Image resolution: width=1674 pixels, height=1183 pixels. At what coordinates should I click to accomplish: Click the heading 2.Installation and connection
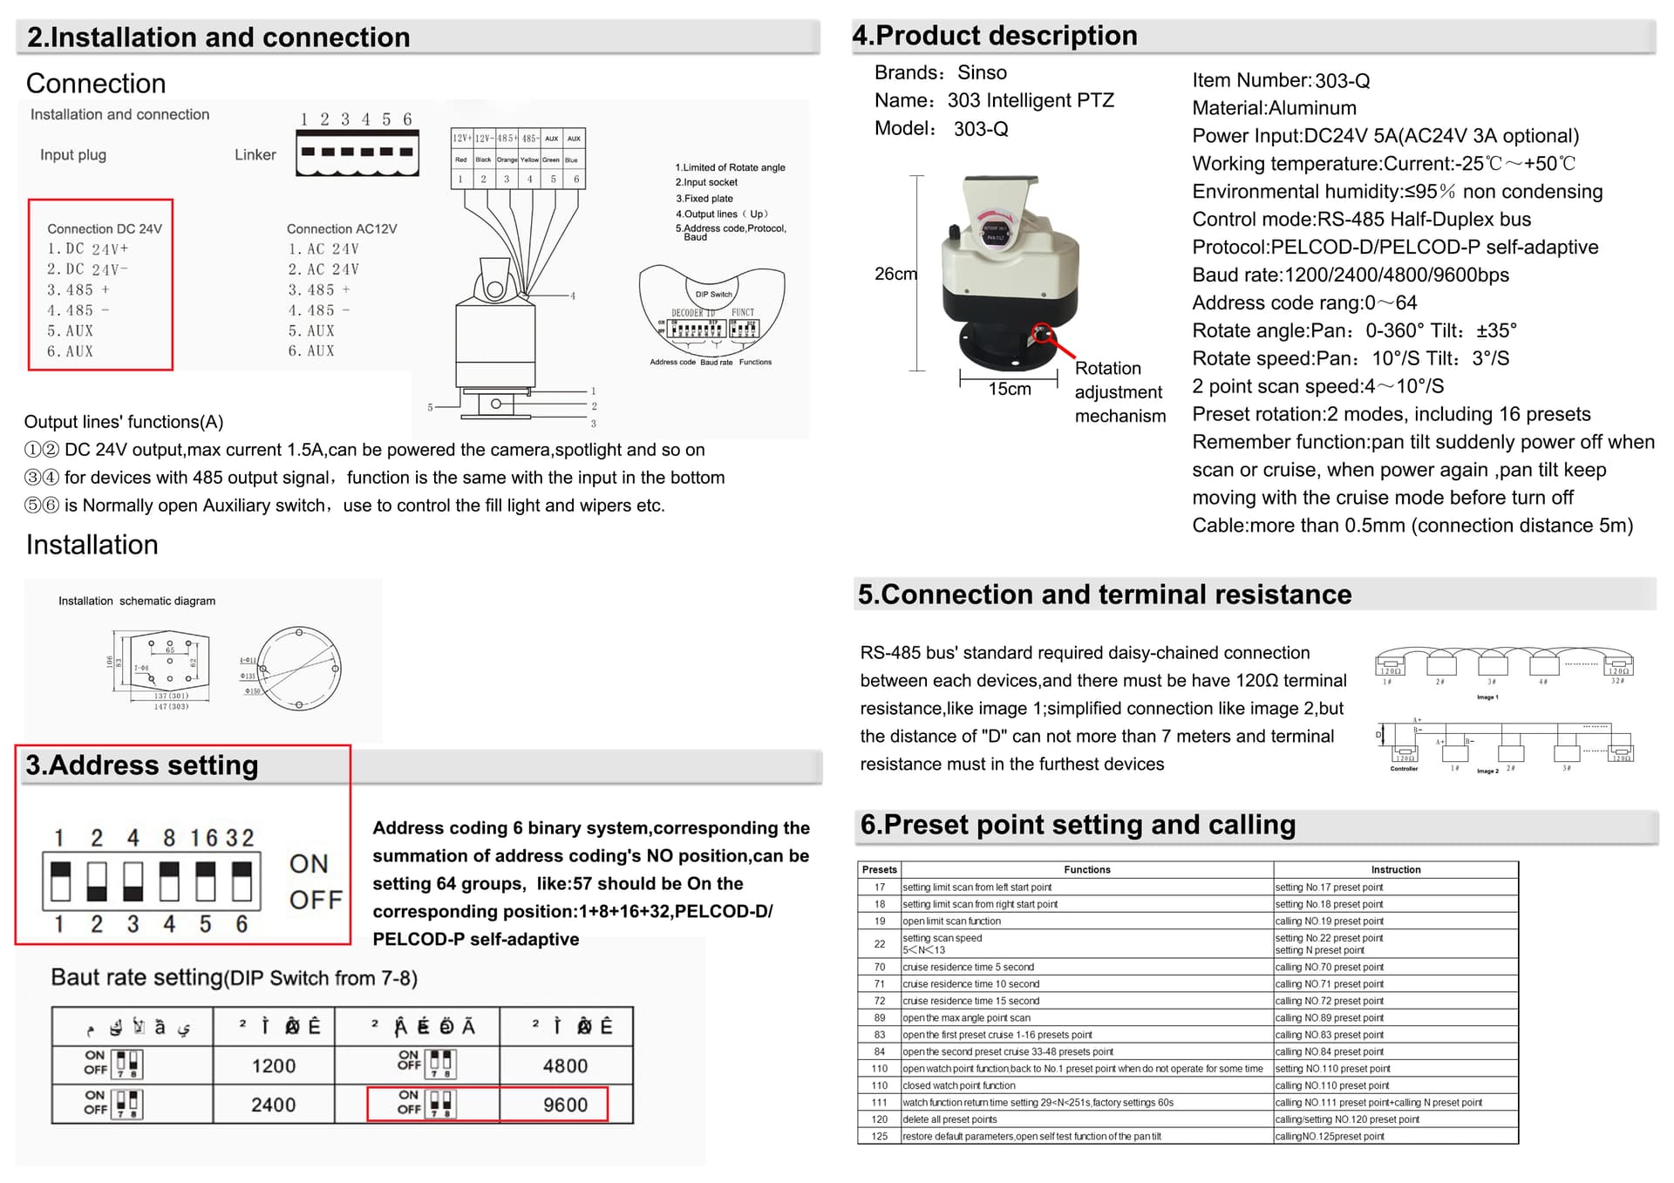point(218,37)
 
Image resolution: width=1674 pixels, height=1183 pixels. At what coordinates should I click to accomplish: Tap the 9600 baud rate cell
point(565,1105)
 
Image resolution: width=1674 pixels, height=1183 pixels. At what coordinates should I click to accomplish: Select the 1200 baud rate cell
point(274,1065)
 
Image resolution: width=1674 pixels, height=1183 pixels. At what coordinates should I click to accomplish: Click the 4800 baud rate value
point(565,1065)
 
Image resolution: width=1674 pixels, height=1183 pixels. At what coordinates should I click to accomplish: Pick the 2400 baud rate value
point(274,1105)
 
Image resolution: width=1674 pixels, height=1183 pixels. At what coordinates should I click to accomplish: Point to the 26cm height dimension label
point(895,274)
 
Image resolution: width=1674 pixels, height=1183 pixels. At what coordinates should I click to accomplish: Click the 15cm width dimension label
point(1009,389)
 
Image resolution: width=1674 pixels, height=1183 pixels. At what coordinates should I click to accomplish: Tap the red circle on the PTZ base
point(1042,333)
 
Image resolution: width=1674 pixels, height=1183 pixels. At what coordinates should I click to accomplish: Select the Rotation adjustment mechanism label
point(1119,392)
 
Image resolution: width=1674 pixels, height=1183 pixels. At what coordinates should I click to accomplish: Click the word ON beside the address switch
point(309,864)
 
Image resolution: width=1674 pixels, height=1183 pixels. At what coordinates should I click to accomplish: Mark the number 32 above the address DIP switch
point(240,838)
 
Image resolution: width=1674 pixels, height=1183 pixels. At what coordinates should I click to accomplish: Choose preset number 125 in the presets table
point(879,1136)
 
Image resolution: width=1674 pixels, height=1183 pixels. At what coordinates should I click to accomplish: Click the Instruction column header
point(1395,869)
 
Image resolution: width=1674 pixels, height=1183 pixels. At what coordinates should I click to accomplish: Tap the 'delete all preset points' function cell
point(949,1119)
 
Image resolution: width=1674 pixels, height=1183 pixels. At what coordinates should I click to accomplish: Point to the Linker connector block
point(357,153)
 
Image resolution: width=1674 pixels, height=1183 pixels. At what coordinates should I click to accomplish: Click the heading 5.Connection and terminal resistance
point(1105,595)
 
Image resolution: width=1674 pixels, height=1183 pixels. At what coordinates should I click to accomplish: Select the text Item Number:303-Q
point(1281,81)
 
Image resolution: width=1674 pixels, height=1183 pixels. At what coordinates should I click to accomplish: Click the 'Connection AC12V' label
point(342,229)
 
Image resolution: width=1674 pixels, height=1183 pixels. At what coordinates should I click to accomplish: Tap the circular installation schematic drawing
point(299,668)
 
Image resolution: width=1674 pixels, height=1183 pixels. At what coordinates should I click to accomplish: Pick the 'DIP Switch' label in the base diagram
point(713,294)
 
